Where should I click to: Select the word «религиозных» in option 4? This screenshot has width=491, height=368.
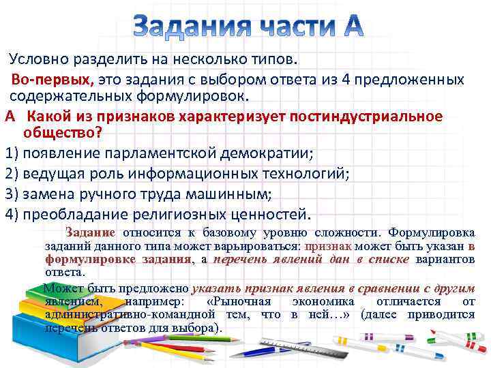click(170, 214)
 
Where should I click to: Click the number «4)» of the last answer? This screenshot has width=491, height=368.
click(11, 214)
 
